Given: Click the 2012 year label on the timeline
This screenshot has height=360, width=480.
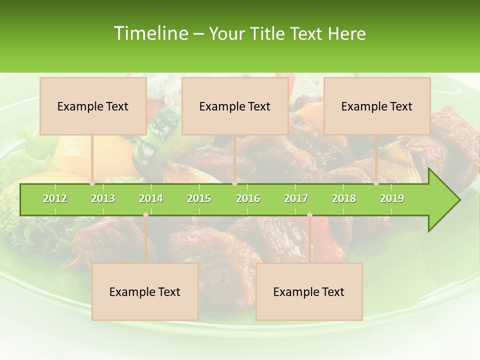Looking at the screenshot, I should click(x=55, y=198).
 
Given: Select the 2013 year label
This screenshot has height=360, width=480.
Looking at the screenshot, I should click(x=103, y=198).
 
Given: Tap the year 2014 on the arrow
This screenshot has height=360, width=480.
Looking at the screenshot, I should click(x=151, y=198).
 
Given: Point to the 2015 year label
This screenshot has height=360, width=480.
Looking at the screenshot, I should click(x=199, y=198).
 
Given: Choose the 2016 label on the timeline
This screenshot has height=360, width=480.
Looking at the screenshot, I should click(x=248, y=198).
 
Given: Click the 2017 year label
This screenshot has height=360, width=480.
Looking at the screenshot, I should click(x=296, y=198).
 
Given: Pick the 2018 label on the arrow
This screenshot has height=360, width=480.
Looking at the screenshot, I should click(x=344, y=198).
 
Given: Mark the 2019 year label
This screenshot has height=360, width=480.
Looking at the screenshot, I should click(x=392, y=198).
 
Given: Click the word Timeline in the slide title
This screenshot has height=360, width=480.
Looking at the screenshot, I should click(x=150, y=33).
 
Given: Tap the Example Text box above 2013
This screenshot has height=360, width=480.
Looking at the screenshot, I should click(x=93, y=106).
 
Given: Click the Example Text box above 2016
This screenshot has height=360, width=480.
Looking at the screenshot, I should click(x=235, y=106).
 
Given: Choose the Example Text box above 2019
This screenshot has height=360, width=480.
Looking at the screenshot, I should click(x=377, y=106).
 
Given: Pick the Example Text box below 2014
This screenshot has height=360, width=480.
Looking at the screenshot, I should click(x=145, y=291).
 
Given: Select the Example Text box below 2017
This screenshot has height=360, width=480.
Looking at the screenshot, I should click(x=309, y=291).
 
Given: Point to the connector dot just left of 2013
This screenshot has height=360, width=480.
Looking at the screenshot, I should click(x=92, y=183).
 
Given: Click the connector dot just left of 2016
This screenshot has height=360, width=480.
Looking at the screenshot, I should click(x=234, y=183).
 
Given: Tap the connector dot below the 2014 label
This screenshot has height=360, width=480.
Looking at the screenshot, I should click(x=145, y=214).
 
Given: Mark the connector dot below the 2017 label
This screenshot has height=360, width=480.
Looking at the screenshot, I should click(x=309, y=214).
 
